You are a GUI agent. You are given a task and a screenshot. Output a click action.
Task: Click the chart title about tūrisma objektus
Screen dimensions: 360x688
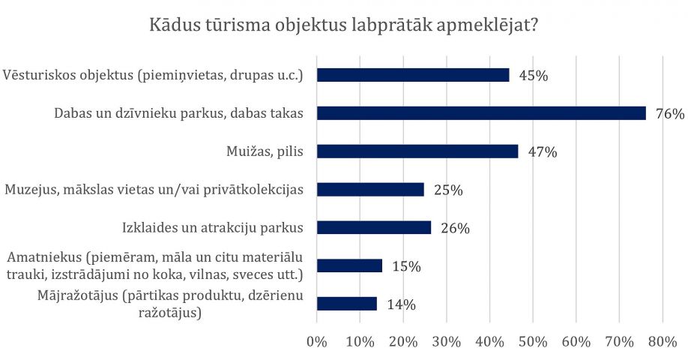tap(344, 24)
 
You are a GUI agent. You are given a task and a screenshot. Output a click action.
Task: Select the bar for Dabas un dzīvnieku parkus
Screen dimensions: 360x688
tap(481, 113)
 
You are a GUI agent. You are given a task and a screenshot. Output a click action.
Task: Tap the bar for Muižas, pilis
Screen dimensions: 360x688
tap(417, 151)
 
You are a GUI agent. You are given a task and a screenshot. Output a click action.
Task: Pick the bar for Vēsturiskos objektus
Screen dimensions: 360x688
tap(413, 75)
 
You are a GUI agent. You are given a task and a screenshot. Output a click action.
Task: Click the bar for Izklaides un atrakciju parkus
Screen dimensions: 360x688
tap(374, 227)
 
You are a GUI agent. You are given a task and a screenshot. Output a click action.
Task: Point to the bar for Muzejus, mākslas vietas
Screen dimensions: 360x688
tap(371, 190)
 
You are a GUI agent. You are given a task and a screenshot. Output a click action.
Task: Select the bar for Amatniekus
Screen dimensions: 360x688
tap(350, 265)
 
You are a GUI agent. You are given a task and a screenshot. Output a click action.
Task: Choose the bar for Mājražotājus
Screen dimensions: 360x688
tap(347, 304)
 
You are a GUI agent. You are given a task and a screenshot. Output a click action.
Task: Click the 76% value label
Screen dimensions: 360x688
tap(669, 114)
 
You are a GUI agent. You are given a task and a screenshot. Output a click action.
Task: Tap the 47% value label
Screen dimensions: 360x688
tap(542, 152)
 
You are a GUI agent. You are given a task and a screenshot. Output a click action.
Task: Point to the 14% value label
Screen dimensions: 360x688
tap(401, 304)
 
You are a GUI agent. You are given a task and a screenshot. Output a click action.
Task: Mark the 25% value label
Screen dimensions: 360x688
tap(448, 190)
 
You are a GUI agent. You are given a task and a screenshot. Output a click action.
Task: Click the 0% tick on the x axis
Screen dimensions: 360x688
tap(317, 342)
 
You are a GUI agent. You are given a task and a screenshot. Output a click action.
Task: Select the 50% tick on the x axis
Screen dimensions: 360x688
tap(534, 342)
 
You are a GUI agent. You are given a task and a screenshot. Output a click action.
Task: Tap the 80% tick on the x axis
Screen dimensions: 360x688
tap(663, 342)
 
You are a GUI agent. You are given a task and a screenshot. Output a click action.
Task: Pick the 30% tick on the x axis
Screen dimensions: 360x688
tap(447, 342)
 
